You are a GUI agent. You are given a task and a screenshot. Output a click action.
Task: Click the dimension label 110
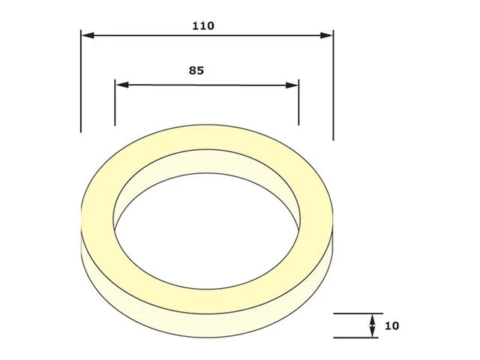pos(203,25)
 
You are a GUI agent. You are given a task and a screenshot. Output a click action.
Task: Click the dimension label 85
pos(196,70)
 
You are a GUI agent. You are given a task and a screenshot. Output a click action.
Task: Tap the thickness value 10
pos(391,325)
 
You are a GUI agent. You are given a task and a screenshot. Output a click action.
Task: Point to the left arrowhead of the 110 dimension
pos(88,35)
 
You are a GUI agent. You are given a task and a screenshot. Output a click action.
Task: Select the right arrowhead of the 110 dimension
pos(326,35)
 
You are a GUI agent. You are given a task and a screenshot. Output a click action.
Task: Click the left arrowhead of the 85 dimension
pos(122,85)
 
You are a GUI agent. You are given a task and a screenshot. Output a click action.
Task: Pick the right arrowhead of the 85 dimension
pos(292,85)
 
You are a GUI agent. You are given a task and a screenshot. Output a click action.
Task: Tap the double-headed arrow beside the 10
pos(372,325)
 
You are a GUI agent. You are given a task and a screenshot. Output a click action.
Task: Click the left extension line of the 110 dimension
pos(81,81)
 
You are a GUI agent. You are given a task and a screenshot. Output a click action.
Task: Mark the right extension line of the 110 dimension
pos(333,85)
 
